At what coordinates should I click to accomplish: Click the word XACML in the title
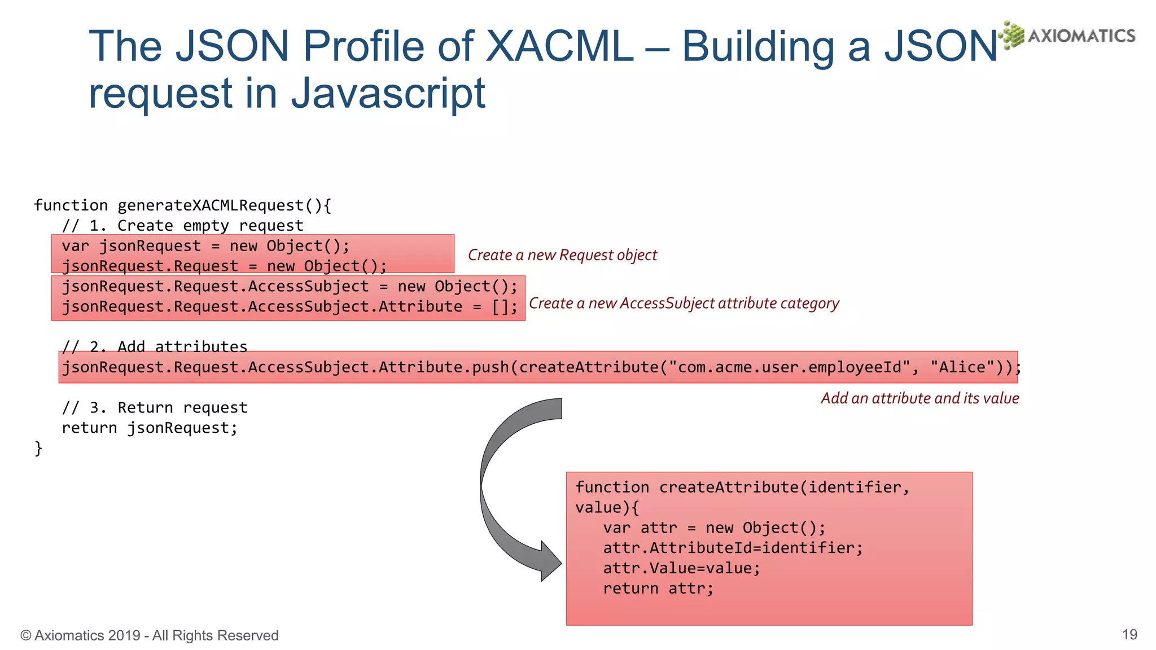(558, 46)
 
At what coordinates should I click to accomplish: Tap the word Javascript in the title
(388, 93)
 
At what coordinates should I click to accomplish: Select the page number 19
(1129, 635)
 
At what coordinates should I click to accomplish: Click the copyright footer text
(150, 635)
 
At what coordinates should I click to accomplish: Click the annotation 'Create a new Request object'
(562, 255)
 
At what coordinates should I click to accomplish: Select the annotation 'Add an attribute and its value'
(919, 398)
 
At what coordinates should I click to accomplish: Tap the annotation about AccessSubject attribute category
(684, 304)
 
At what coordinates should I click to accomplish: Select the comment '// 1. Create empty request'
(182, 226)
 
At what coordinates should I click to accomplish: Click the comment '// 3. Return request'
(154, 407)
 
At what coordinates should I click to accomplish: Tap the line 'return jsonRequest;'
(150, 428)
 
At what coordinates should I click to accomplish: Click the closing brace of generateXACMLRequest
(38, 448)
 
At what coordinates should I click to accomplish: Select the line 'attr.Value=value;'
(681, 568)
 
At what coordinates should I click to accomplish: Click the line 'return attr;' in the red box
(658, 588)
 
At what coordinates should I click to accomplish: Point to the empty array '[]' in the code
(500, 307)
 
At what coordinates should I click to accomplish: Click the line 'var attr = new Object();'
(714, 528)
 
